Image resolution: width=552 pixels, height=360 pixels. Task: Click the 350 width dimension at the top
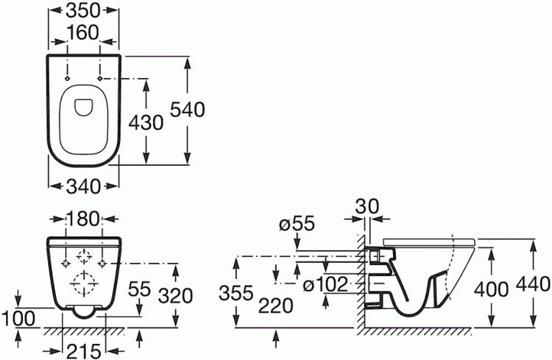pos(83,11)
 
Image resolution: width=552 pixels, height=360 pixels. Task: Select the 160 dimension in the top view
pos(83,32)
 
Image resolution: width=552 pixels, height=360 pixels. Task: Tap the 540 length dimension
pos(187,110)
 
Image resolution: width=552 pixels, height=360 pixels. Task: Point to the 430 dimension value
pos(146,123)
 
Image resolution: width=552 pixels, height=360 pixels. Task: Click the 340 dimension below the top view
pos(83,186)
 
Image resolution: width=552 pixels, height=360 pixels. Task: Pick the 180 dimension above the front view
pos(83,219)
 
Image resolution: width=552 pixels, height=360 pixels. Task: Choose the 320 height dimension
pos(175,295)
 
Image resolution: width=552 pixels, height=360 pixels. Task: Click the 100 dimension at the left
pos(18,319)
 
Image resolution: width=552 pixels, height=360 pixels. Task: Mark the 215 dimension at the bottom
pos(84,351)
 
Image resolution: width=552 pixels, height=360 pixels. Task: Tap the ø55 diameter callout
pos(297,224)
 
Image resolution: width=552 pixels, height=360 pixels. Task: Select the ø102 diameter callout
pos(325,285)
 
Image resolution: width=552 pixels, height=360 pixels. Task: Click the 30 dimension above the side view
pos(367,206)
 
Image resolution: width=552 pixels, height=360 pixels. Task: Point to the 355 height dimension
pos(236,293)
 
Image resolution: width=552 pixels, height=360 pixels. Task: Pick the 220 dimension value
pos(276,306)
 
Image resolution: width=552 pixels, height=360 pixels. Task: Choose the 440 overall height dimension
pos(533,284)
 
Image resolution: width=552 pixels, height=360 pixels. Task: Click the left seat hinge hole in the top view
pos(66,78)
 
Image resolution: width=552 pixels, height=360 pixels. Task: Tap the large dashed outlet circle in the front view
pos(84,283)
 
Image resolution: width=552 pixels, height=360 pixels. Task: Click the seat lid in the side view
pos(429,242)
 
